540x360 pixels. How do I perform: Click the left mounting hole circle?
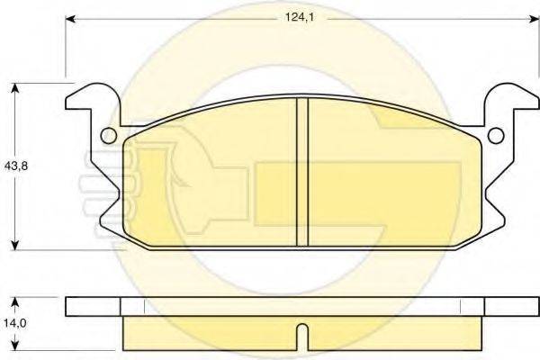click(108, 136)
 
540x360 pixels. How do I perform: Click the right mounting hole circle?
click(494, 136)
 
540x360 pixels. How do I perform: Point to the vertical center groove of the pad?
click(302, 171)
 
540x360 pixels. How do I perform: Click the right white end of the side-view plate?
click(508, 306)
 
